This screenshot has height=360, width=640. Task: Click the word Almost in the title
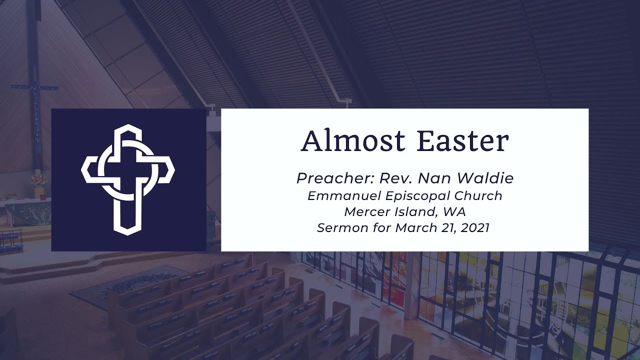click(353, 141)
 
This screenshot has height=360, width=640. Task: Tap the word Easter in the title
click(463, 141)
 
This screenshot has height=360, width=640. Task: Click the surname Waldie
click(485, 178)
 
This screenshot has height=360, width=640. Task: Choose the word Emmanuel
click(344, 196)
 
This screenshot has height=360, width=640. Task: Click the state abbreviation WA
click(454, 212)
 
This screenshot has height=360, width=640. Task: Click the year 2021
click(475, 228)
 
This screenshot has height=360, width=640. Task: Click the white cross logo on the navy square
click(127, 179)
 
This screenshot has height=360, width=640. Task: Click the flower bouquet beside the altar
click(39, 179)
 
